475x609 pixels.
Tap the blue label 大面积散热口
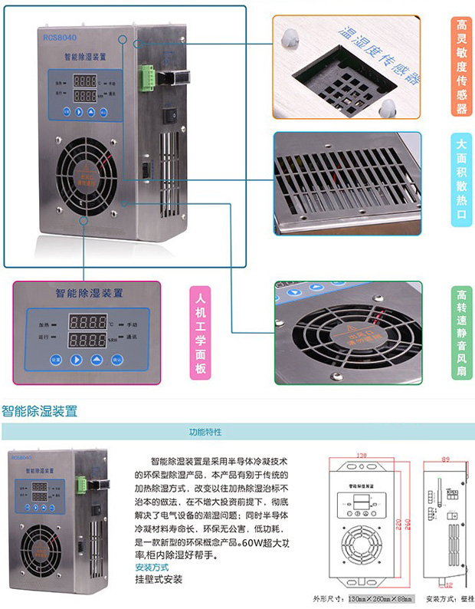coord(461,182)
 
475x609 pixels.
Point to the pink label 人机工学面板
coord(201,332)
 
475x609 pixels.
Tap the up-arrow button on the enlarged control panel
coord(97,359)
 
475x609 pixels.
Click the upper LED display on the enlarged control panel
coord(87,322)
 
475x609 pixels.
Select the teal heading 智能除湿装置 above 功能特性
coord(40,411)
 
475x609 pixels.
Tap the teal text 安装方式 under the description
coord(151,568)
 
